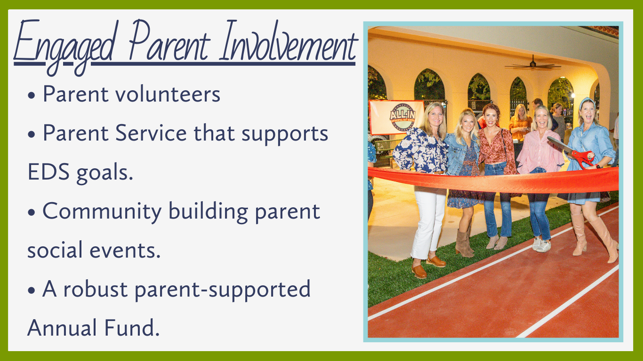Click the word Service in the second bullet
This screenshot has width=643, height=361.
151,133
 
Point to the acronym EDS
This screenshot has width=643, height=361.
48,172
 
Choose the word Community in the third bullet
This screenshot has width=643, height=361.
102,212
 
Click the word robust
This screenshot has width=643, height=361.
95,289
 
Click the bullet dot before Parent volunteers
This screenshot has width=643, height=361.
32,95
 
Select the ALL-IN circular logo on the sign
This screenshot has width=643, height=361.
402,117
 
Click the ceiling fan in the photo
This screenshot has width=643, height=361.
533,65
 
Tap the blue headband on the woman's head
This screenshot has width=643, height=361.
586,102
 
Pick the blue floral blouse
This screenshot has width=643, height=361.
420,150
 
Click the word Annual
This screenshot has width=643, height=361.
62,328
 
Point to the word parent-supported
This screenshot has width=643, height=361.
223,290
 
